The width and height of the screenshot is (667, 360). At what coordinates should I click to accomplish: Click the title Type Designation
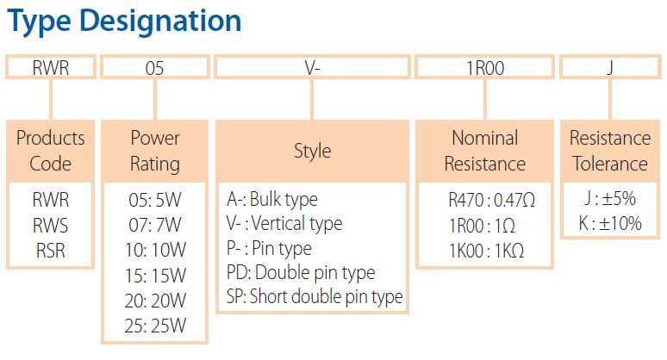(x=124, y=22)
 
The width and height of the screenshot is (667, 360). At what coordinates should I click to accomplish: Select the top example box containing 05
(x=155, y=67)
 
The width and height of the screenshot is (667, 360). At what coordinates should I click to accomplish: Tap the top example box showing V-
(x=312, y=67)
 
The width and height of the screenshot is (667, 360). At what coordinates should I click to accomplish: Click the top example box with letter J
(x=610, y=67)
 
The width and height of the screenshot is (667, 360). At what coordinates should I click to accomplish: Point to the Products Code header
(x=51, y=151)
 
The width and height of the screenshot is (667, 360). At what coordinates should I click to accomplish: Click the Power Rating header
(x=155, y=151)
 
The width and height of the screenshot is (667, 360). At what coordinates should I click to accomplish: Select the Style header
(x=312, y=151)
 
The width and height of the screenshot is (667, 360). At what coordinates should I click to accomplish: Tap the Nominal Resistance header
(x=485, y=151)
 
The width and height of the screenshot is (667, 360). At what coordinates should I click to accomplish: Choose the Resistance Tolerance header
(x=610, y=151)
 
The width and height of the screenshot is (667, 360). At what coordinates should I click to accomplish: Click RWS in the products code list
(x=51, y=226)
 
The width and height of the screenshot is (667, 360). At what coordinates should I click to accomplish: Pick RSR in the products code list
(x=51, y=251)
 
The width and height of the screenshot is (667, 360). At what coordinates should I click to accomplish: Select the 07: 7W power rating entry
(x=155, y=225)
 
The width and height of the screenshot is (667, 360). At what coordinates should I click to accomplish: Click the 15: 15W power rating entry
(x=155, y=276)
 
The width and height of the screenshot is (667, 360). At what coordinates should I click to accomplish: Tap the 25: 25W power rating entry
(x=155, y=326)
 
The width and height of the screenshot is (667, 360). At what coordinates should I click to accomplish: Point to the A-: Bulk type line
(x=272, y=199)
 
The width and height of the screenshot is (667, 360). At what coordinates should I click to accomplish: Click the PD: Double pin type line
(x=301, y=273)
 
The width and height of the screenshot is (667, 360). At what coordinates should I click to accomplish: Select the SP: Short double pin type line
(x=315, y=296)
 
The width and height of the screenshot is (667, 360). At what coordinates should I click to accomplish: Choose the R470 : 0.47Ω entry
(x=492, y=200)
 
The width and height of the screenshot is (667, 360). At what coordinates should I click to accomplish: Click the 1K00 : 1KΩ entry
(x=487, y=251)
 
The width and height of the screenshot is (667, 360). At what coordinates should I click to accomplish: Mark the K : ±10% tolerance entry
(x=610, y=223)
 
